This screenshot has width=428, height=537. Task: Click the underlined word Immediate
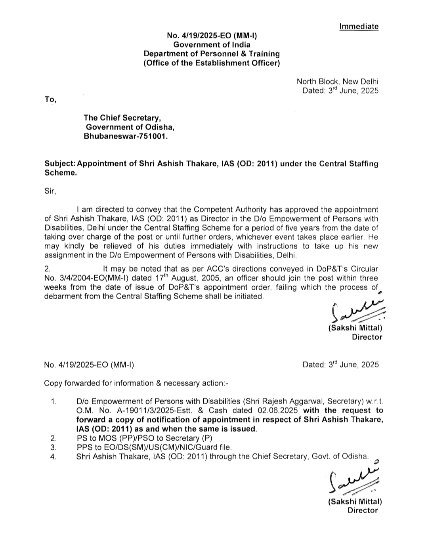[x=359, y=27]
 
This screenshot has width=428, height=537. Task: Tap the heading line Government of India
[x=212, y=45]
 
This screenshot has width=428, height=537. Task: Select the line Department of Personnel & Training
[x=212, y=54]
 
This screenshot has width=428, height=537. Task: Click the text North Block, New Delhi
[x=337, y=82]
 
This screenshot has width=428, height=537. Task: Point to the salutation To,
[x=50, y=99]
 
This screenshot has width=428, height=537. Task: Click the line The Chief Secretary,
[x=122, y=118]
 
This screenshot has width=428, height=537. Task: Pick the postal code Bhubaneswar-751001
[x=126, y=136]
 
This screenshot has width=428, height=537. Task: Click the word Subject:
[x=59, y=164]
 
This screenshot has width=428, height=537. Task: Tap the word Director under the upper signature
[x=367, y=337]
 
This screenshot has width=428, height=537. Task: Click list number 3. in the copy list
[x=54, y=447]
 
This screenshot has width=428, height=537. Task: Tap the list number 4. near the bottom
[x=54, y=457]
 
